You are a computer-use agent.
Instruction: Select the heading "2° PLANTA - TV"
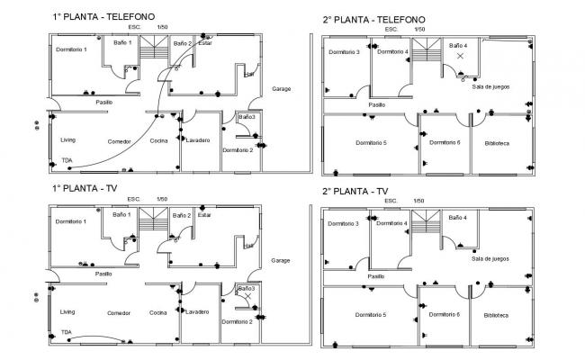tap(355, 191)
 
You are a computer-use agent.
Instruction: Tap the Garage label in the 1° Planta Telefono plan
tap(281, 88)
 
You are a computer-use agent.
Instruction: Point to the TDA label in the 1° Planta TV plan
tap(67, 332)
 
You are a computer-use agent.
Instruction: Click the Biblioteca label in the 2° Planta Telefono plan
tap(496, 143)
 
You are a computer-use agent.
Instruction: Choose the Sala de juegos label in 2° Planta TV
tap(490, 258)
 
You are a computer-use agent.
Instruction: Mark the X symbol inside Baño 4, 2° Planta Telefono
tap(460, 57)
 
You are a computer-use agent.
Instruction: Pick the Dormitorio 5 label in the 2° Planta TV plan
tap(371, 315)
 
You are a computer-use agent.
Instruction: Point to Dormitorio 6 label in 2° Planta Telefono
tap(445, 142)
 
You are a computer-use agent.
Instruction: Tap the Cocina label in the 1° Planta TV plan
tap(158, 312)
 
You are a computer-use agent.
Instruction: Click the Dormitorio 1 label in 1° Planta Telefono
tap(71, 49)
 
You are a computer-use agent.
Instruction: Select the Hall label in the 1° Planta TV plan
tap(247, 246)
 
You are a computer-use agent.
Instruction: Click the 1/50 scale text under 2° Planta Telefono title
tap(420, 29)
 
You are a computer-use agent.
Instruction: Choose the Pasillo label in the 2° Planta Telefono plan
tap(376, 104)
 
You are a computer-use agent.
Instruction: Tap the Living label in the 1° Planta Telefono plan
tap(68, 140)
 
